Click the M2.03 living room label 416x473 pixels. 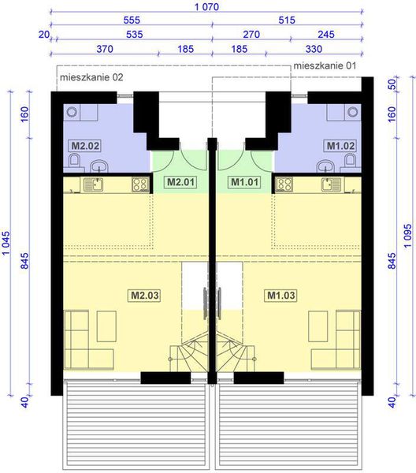[144, 296]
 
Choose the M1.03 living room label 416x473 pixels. [280, 296]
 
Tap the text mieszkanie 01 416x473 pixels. [325, 67]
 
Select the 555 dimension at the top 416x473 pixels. [131, 22]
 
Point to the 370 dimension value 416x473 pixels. [104, 49]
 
